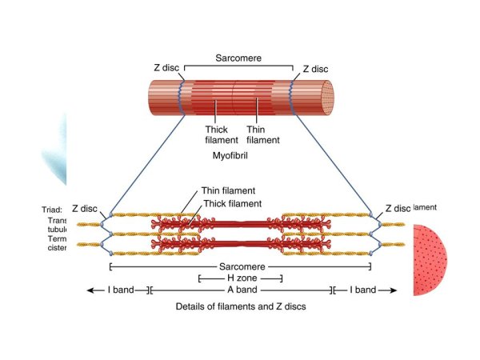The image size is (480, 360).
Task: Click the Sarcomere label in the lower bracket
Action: (x=239, y=266)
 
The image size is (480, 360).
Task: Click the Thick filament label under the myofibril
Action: (x=216, y=134)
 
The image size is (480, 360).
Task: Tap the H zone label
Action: (x=240, y=278)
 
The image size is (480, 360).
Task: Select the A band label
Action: (x=239, y=290)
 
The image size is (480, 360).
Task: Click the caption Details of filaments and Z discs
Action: (x=240, y=306)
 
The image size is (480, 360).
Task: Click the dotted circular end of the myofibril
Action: (x=325, y=96)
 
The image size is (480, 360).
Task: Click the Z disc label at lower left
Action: (x=84, y=208)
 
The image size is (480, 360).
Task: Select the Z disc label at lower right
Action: (x=398, y=208)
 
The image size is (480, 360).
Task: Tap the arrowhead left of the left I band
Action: (x=90, y=290)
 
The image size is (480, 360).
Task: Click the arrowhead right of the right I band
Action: (x=393, y=290)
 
